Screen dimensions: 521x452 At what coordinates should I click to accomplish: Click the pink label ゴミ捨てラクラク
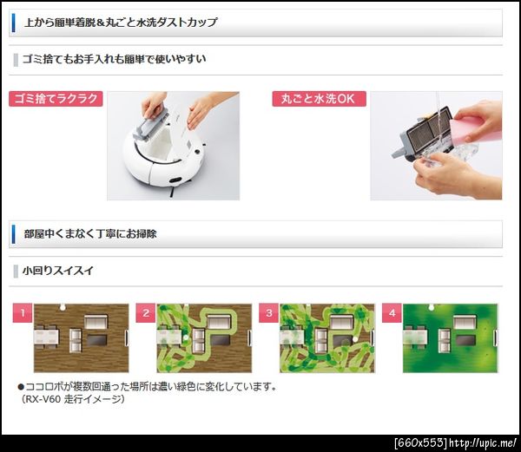56,99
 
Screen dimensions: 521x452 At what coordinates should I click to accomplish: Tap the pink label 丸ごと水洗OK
319,99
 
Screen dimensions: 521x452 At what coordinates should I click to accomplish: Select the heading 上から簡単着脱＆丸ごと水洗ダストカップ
121,23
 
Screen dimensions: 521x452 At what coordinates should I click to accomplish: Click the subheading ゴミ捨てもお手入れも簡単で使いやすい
115,59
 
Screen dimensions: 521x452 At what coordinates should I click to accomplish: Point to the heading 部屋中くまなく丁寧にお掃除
90,233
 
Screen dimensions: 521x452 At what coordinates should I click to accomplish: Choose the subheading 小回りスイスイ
58,271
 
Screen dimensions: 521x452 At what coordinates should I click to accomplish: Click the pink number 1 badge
23,313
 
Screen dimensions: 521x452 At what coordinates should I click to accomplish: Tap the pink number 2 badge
146,313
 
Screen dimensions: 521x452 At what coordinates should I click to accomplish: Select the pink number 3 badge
269,313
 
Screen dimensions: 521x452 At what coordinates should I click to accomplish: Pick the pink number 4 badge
392,313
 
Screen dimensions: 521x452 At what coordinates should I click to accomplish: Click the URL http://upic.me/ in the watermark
483,443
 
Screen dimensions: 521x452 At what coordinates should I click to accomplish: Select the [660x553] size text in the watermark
420,443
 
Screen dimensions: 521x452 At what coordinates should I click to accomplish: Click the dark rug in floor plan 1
97,340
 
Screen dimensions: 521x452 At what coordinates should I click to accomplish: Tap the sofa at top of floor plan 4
465,322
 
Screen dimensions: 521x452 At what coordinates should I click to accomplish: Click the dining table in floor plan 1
47,337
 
